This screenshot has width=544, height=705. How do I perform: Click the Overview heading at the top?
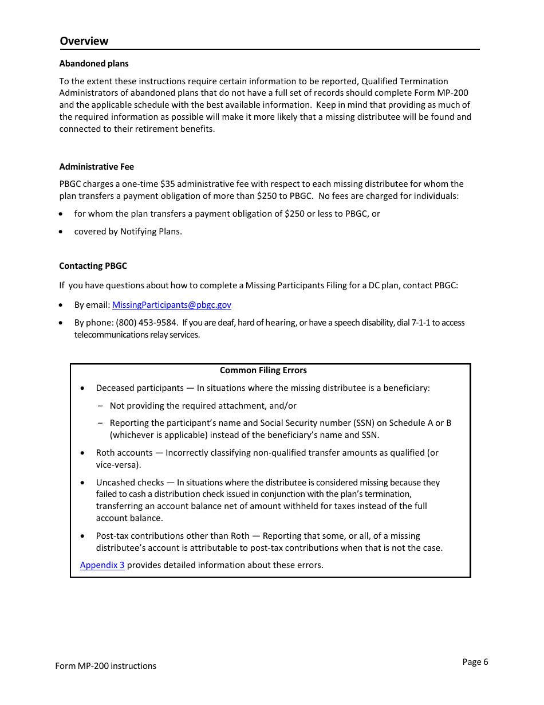coord(84,41)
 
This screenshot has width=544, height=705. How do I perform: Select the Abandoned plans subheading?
coord(94,64)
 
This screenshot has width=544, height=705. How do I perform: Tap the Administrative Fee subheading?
coord(96,167)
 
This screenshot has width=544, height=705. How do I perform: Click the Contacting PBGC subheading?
coord(93,266)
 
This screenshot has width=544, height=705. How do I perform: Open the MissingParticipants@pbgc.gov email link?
coord(171,305)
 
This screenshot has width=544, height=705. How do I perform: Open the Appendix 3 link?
coord(102,565)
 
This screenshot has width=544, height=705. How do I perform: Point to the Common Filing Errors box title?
coord(263,370)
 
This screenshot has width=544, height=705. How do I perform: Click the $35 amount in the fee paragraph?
coord(168,184)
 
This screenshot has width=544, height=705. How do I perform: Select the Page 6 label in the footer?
coord(475,662)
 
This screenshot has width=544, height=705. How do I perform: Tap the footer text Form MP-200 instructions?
coord(105,666)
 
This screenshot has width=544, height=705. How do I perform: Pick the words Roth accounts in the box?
coord(124,453)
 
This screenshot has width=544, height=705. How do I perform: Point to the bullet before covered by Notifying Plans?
coord(61,232)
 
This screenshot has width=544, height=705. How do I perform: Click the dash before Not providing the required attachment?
coord(100,406)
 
